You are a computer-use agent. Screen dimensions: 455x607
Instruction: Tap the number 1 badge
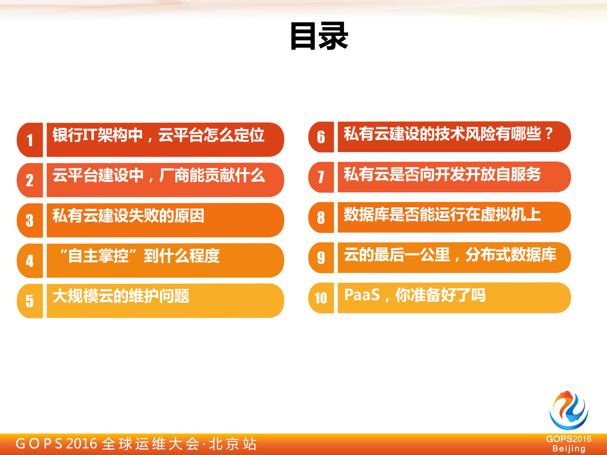30,140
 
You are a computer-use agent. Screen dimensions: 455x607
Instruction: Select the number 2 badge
30,180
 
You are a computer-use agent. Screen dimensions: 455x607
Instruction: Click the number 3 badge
30,220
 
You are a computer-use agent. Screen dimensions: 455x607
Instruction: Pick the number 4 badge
30,261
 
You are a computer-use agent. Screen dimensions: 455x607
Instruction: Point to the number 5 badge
30,301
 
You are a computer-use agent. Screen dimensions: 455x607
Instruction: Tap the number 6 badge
321,137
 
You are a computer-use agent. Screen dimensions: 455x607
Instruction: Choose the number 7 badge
321,177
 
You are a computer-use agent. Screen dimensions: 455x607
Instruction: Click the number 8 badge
321,218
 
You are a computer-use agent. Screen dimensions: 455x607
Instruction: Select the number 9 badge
321,258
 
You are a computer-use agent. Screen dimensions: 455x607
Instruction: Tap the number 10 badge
321,298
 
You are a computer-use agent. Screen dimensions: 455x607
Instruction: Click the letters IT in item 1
90,135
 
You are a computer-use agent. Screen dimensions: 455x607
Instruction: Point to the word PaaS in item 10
362,295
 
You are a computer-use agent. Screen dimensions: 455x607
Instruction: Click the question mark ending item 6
549,134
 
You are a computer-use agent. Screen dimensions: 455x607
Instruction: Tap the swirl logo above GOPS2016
569,410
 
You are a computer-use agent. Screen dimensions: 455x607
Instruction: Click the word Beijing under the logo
569,449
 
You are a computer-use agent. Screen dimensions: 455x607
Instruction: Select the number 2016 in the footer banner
82,444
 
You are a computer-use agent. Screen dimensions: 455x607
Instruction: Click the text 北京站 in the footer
233,444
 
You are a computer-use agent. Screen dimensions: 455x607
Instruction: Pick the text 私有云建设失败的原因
128,216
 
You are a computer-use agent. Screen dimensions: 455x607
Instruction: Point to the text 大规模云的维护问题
121,296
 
